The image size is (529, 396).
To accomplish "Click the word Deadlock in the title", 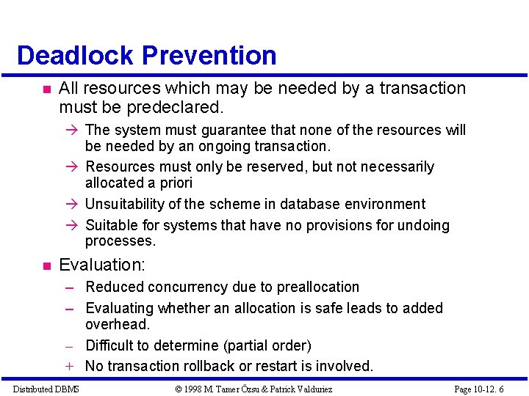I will point(75,56).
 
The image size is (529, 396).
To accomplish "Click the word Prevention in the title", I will point(209,56).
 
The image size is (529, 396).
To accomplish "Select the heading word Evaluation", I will point(101,264).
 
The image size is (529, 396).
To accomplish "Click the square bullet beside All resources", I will point(46,89).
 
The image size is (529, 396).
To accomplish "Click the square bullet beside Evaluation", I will point(46,265).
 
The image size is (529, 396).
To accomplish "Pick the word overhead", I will point(118,324).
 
